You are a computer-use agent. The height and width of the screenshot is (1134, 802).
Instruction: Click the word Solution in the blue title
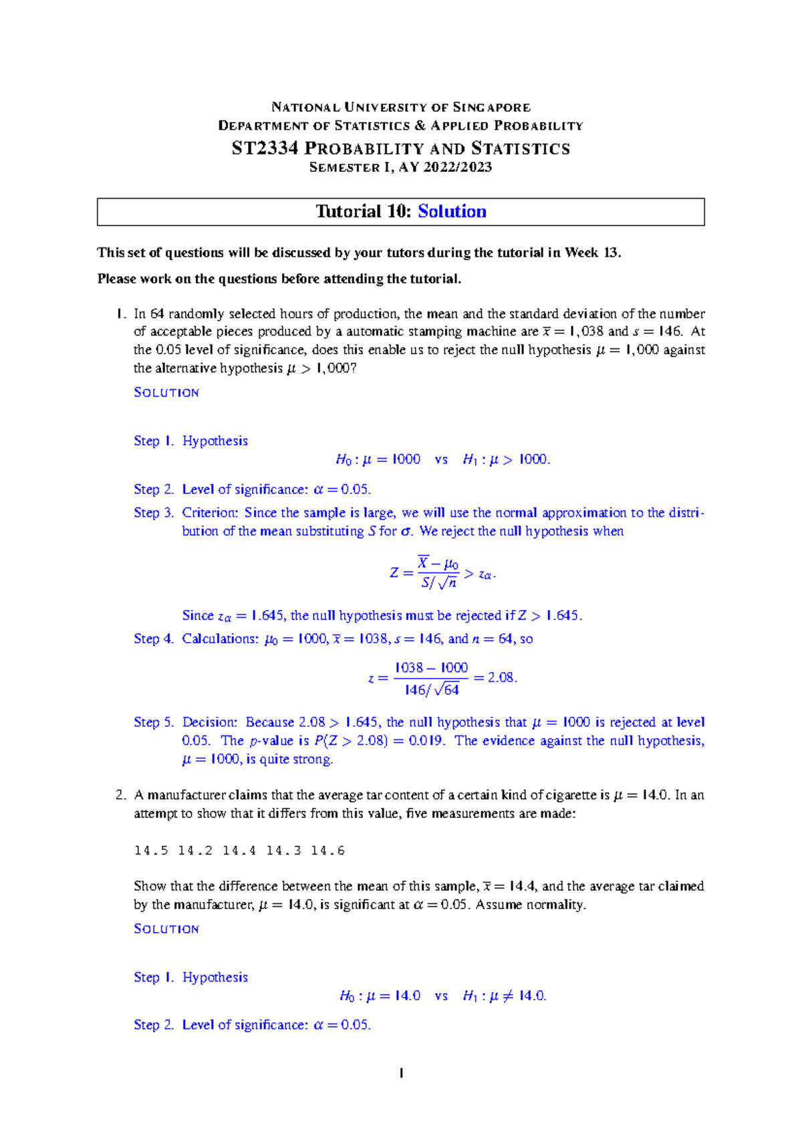(x=452, y=211)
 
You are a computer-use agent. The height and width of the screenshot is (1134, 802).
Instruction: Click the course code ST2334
(x=265, y=148)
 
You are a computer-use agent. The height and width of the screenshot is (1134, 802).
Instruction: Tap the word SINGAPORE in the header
(x=491, y=107)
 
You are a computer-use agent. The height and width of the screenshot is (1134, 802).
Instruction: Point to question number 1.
(x=120, y=314)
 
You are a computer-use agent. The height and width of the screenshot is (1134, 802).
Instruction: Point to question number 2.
(x=120, y=795)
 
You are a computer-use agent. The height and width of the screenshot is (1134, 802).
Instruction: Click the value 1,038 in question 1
(x=586, y=332)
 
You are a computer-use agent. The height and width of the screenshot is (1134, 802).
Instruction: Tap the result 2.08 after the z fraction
(x=501, y=677)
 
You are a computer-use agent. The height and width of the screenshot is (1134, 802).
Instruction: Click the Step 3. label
(x=153, y=513)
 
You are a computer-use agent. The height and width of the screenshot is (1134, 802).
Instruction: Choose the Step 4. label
(x=153, y=639)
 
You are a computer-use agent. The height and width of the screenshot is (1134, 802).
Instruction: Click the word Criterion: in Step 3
(x=210, y=513)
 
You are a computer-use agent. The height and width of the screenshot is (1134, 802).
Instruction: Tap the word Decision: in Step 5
(x=210, y=722)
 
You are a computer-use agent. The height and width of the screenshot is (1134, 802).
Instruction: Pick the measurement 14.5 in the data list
(x=151, y=850)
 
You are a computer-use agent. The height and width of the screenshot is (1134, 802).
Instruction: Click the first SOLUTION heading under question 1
(x=166, y=392)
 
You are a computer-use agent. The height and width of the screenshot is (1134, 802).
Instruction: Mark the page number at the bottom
(x=401, y=1074)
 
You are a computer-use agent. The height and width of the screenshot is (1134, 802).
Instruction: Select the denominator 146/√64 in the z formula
(x=432, y=690)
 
